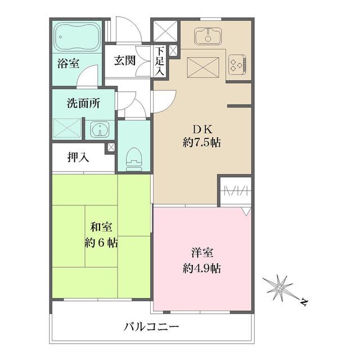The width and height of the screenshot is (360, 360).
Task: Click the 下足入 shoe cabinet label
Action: pos(160,62)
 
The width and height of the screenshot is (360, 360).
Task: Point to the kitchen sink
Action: pos(208,37)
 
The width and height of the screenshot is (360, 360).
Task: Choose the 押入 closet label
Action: pos(78,157)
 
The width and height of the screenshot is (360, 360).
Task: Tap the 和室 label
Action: pos(101,228)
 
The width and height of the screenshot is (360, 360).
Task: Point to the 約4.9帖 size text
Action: pos(201,268)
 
